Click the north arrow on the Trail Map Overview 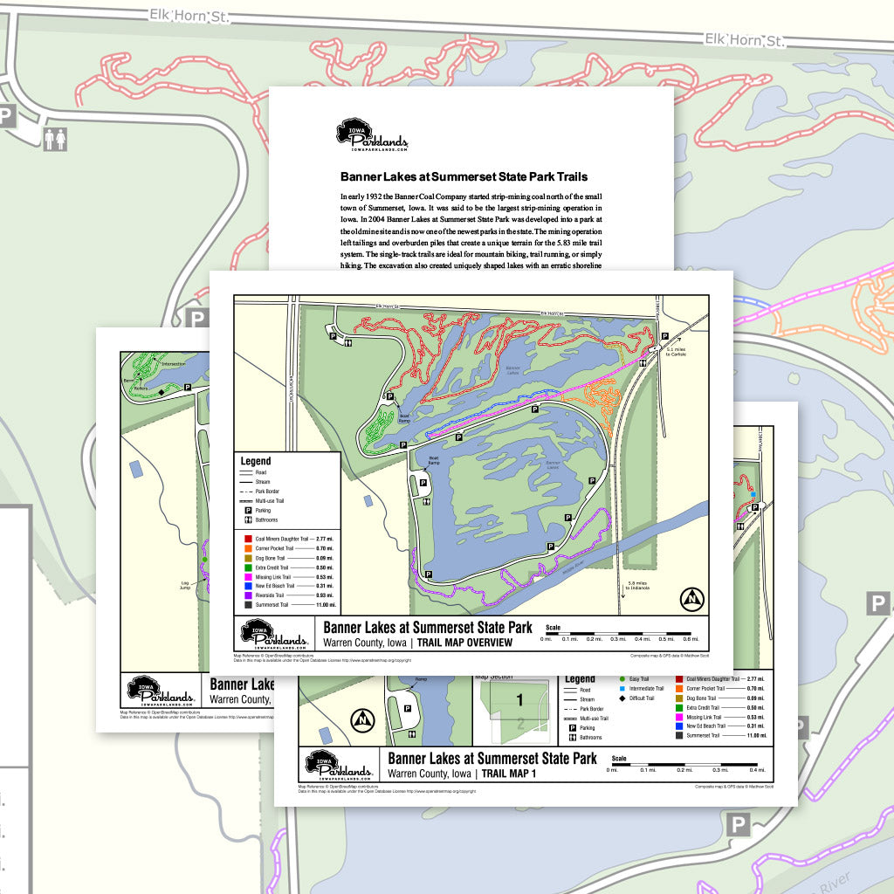click(692, 599)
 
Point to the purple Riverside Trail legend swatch click(249, 595)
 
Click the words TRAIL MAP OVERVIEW click(464, 643)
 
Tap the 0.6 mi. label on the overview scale click(691, 639)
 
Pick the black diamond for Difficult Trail click(621, 698)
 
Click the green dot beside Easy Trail click(621, 678)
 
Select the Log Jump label click(185, 585)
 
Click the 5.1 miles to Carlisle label click(678, 350)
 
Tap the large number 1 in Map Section click(519, 699)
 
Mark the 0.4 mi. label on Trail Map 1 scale click(757, 769)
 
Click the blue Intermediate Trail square click(621, 688)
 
